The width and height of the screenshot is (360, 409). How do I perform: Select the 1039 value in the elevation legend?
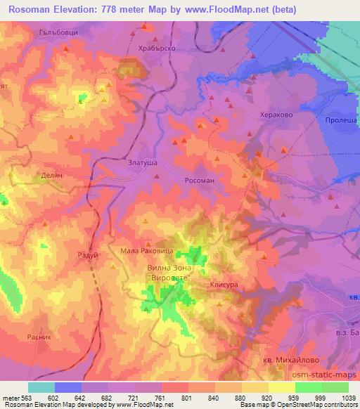(348, 397)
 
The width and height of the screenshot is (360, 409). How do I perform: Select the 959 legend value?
(295, 397)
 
